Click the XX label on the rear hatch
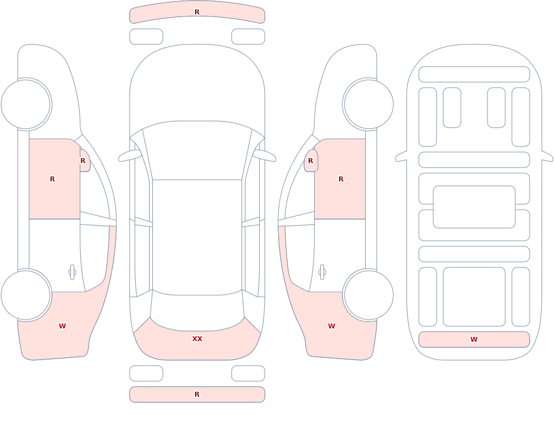(x=197, y=339)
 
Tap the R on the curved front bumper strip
(x=197, y=12)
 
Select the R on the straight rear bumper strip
(x=197, y=395)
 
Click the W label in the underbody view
(x=474, y=339)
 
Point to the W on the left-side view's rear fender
(x=62, y=326)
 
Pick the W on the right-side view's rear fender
(x=331, y=326)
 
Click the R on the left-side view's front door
(x=52, y=179)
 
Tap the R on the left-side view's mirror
(x=83, y=161)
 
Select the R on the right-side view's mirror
(x=311, y=161)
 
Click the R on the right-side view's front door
(x=341, y=179)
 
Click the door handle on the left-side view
(x=73, y=272)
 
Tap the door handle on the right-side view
(x=322, y=272)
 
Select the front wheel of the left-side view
(x=26, y=104)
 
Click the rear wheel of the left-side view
(x=26, y=295)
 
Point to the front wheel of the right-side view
(x=368, y=104)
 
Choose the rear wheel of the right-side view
(x=368, y=295)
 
